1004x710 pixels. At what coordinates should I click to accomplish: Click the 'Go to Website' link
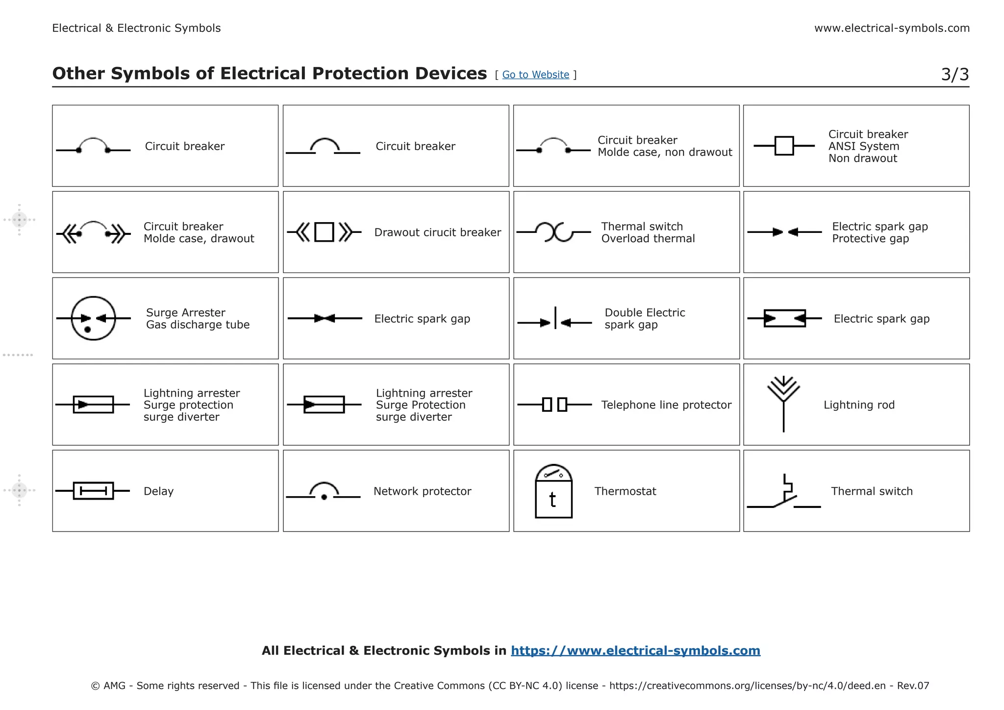535,75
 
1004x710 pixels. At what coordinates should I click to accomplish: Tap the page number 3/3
954,75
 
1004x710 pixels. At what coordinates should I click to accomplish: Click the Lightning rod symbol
783,403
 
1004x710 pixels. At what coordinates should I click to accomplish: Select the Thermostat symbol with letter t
553,492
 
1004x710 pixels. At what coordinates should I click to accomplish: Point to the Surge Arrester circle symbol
93,319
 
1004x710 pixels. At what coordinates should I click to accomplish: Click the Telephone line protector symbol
554,405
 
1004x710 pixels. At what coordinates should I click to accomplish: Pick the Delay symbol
93,491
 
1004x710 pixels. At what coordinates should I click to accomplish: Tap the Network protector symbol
324,492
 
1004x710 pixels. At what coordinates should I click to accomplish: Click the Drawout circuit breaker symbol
324,232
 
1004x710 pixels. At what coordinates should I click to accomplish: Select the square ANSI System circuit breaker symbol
784,146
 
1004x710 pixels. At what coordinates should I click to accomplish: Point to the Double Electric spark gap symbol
555,319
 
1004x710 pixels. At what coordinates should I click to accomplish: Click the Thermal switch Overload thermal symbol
554,232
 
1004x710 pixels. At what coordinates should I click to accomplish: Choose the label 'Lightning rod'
859,405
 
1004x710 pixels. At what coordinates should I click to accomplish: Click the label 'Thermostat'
625,491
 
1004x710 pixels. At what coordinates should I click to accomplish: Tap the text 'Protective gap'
870,239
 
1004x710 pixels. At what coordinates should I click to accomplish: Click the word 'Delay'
158,491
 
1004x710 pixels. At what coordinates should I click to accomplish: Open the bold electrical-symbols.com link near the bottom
635,651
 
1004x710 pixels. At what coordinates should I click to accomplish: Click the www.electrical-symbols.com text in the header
892,28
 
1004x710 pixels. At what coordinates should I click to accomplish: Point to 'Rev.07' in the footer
913,685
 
